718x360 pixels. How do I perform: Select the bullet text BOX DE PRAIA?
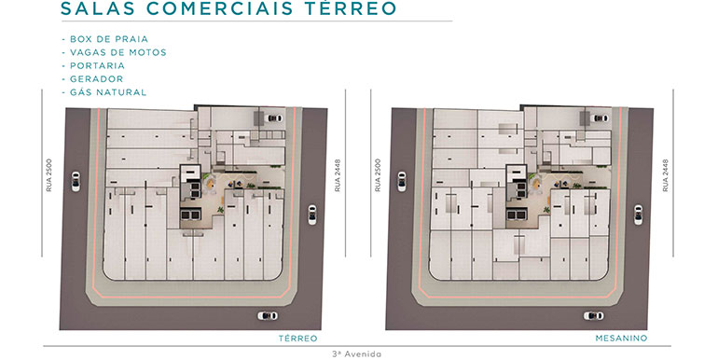coord(109,39)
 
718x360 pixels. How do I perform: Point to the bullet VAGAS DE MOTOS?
coord(118,52)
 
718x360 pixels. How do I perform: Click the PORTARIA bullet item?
coord(97,66)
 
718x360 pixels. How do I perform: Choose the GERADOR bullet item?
coord(96,79)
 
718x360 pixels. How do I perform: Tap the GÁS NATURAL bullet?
coord(108,92)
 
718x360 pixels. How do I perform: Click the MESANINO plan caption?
coord(621,339)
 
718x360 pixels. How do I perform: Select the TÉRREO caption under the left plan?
coord(298,339)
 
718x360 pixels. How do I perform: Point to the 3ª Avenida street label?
coord(357,354)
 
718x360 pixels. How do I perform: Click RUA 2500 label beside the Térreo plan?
coord(49,175)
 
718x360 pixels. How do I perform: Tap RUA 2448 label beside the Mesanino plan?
coord(666,175)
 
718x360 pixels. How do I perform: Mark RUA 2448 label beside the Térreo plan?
coord(338,175)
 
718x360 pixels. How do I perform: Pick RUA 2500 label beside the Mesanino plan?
coord(378,175)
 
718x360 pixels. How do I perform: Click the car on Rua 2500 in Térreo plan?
coord(76,181)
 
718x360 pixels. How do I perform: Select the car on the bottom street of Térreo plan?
coord(268,315)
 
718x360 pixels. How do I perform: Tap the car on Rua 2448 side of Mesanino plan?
coord(639,215)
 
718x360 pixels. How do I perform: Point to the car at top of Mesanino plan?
coord(601,118)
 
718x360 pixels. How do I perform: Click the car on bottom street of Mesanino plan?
coord(593,315)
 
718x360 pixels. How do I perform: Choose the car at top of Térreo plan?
coord(275,118)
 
